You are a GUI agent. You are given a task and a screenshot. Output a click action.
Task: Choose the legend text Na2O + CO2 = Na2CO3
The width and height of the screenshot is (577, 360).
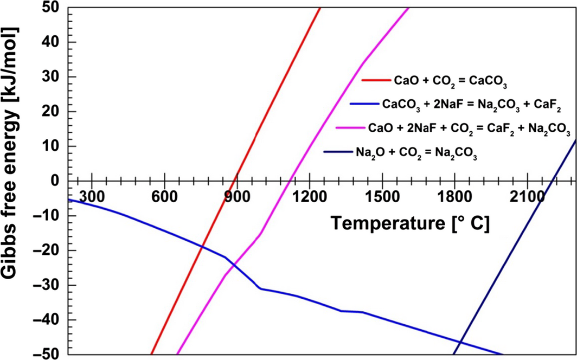pos(416,153)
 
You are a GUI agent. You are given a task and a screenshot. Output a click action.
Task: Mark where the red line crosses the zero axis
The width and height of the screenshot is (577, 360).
pos(235,181)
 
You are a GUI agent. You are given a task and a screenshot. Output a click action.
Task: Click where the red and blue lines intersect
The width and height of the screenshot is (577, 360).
pos(202,247)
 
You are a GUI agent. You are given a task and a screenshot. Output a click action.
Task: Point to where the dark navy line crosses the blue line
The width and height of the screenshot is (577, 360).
pos(459,342)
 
